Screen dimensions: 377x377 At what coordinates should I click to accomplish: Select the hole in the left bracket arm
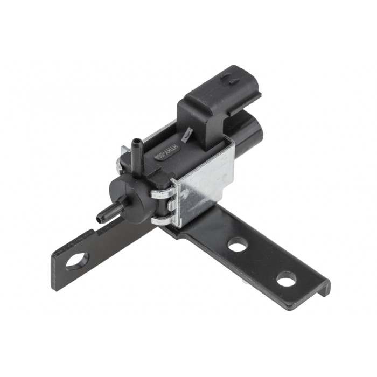click(77, 261)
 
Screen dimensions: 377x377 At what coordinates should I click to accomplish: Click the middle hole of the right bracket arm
click(236, 245)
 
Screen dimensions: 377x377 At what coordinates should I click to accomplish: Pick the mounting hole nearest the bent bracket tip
click(286, 279)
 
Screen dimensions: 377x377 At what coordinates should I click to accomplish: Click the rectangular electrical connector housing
click(218, 102)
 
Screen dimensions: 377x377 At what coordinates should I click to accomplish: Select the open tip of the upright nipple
click(136, 142)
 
